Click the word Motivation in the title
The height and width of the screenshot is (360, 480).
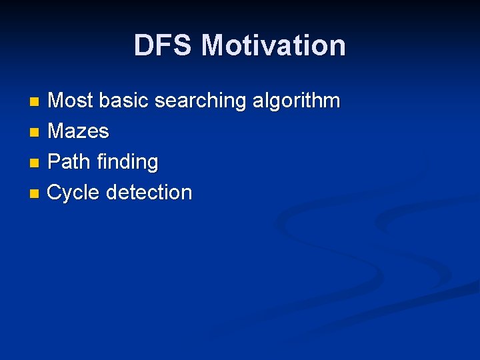point(273,45)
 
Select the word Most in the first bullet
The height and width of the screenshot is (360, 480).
point(71,101)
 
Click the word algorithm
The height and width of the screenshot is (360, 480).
point(296,101)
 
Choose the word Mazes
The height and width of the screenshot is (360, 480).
point(78,131)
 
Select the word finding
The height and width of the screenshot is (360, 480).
point(129,163)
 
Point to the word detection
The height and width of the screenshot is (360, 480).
point(149,193)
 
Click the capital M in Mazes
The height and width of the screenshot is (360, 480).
point(56,131)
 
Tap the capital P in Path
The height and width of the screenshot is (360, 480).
point(54,162)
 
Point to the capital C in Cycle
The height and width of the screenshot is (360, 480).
point(55,193)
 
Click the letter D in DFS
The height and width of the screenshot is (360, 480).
point(144,45)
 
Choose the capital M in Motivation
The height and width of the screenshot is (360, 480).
point(215,45)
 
